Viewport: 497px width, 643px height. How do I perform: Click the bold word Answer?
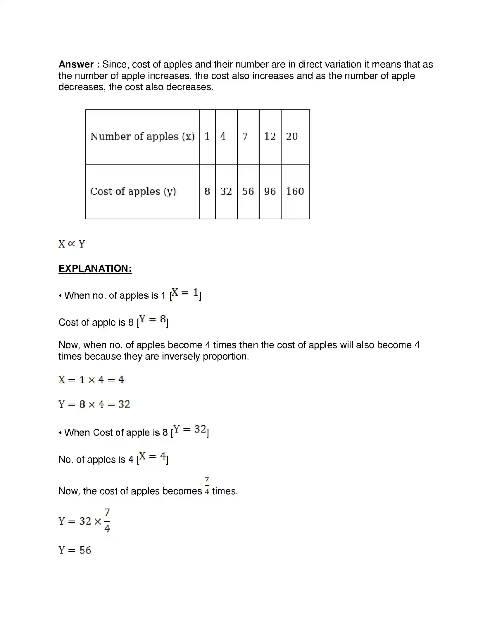76,64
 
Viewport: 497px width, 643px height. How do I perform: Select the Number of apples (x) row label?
142,136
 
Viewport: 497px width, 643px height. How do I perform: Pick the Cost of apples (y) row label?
133,191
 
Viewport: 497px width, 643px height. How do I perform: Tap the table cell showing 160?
295,191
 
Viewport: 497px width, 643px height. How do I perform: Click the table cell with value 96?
270,191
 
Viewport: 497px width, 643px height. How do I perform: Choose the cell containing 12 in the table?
270,136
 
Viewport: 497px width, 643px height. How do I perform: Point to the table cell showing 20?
292,136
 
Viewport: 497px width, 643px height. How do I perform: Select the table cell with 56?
248,191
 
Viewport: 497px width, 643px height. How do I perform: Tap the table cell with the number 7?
245,136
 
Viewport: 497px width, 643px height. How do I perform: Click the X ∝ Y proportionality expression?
72,244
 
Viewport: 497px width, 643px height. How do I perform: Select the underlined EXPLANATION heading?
95,269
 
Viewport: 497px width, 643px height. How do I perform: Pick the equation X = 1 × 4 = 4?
91,380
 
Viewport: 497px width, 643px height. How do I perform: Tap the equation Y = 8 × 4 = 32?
94,405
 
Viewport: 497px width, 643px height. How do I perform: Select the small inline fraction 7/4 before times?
207,486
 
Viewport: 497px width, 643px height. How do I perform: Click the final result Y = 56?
75,550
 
